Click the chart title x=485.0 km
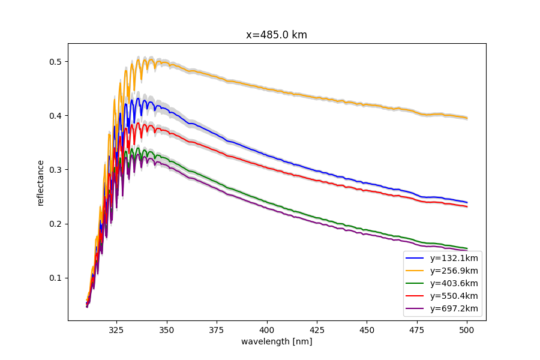pyautogui.click(x=277, y=35)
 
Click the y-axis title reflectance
pyautogui.click(x=41, y=183)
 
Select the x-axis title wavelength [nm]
pyautogui.click(x=277, y=341)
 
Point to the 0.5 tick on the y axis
pyautogui.click(x=57, y=62)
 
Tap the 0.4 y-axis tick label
pyautogui.click(x=57, y=116)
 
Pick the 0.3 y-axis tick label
pyautogui.click(x=57, y=170)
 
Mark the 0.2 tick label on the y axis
pyautogui.click(x=57, y=224)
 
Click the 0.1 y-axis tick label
pyautogui.click(x=57, y=278)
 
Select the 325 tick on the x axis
pyautogui.click(x=116, y=329)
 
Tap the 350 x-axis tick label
pyautogui.click(x=167, y=329)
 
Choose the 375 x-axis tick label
pyautogui.click(x=217, y=329)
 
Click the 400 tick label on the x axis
pyautogui.click(x=267, y=329)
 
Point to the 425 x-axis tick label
pyautogui.click(x=317, y=329)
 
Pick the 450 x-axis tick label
pyautogui.click(x=367, y=329)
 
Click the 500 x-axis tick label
pyautogui.click(x=467, y=329)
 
